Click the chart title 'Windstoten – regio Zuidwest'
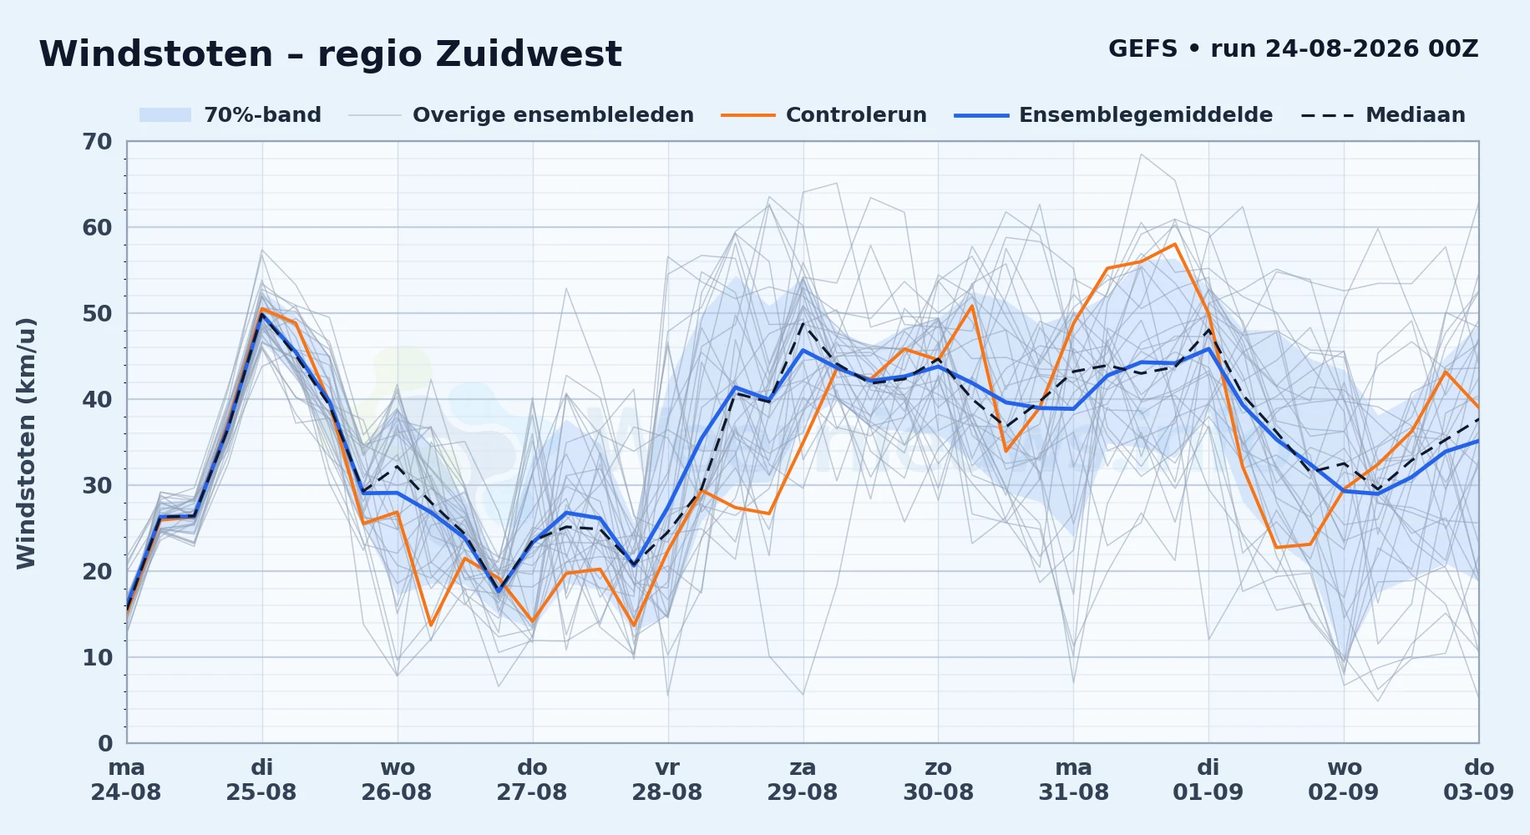click(330, 54)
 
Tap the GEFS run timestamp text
click(1293, 48)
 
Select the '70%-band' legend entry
click(230, 115)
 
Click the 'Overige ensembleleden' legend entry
click(521, 115)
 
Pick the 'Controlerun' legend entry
click(824, 115)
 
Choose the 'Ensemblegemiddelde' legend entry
click(1114, 115)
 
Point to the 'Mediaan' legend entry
click(1383, 115)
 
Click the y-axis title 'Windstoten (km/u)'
click(26, 443)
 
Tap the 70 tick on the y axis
click(97, 142)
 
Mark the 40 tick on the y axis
click(97, 400)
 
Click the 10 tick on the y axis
click(97, 658)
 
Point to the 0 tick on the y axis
click(105, 743)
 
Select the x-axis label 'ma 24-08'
click(126, 780)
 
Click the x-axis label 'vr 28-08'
click(667, 780)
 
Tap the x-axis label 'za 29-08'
click(803, 780)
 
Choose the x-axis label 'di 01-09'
click(1208, 780)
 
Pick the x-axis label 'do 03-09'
click(1479, 780)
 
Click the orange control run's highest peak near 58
click(1175, 244)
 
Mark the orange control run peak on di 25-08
click(262, 309)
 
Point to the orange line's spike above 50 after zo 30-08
click(972, 306)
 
